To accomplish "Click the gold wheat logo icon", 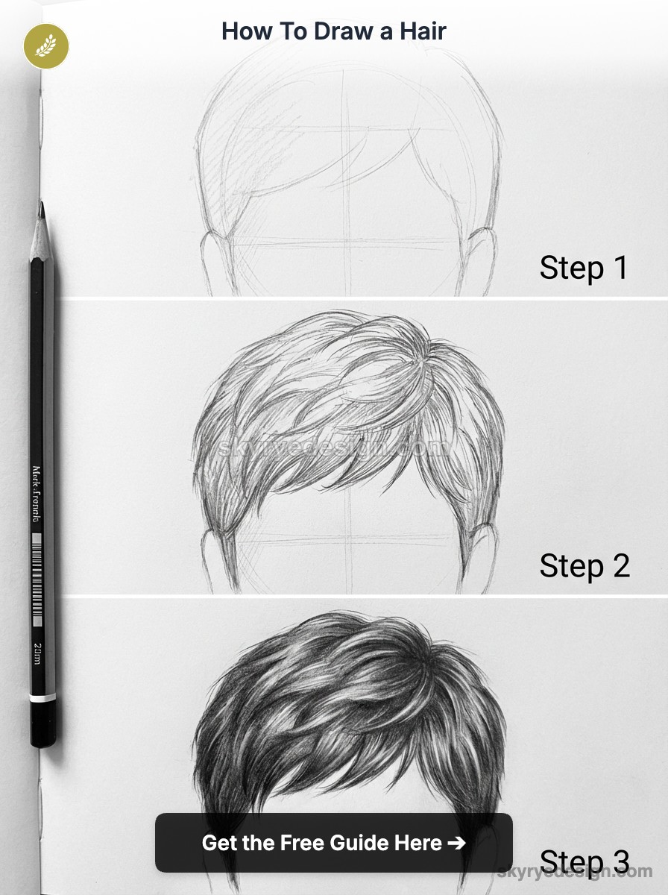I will click(x=46, y=46).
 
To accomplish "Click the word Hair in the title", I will click(x=421, y=31).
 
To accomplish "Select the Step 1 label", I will click(x=584, y=268).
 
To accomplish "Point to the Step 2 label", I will click(x=584, y=566).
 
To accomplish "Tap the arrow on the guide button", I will click(x=456, y=843).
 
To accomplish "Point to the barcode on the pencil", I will click(x=37, y=577).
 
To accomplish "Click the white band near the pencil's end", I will click(x=42, y=698).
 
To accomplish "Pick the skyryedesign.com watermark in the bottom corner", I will click(x=574, y=871).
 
